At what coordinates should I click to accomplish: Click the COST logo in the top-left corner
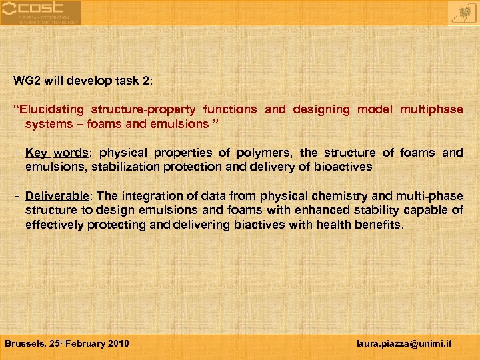pos(40,12)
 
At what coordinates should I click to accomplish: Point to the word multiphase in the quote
pos(431,109)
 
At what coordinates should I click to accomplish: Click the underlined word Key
pos(36,153)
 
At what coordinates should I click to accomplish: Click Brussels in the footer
pos(24,344)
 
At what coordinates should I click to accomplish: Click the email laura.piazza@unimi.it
pos(405,344)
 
